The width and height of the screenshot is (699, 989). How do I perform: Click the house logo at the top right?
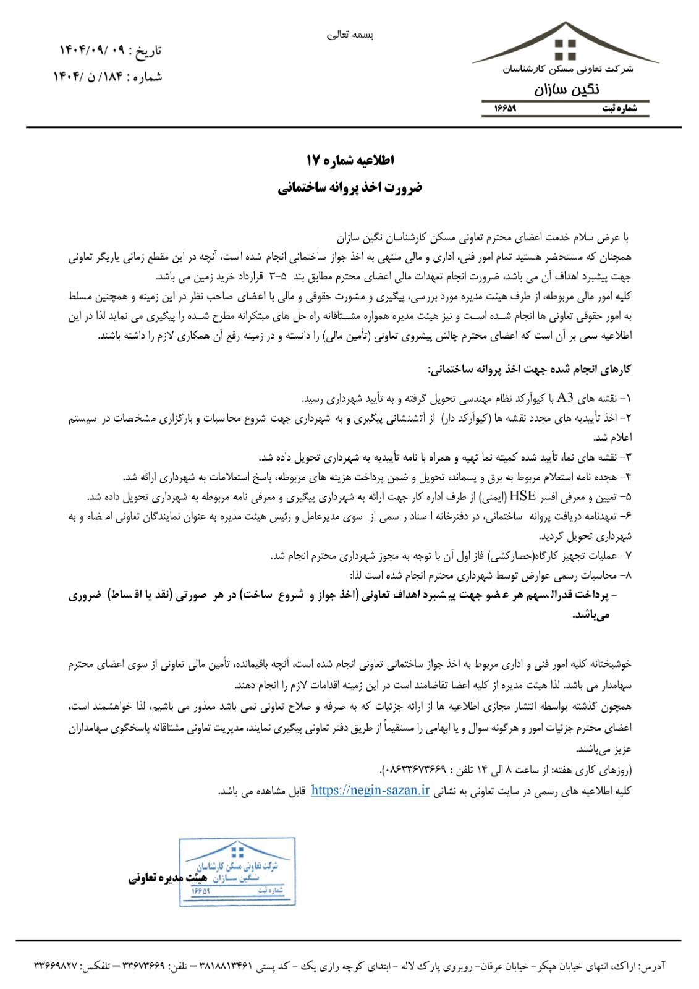click(x=566, y=45)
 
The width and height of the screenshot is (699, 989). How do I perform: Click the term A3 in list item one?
click(x=566, y=397)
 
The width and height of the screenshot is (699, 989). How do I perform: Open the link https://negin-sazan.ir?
click(x=370, y=791)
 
